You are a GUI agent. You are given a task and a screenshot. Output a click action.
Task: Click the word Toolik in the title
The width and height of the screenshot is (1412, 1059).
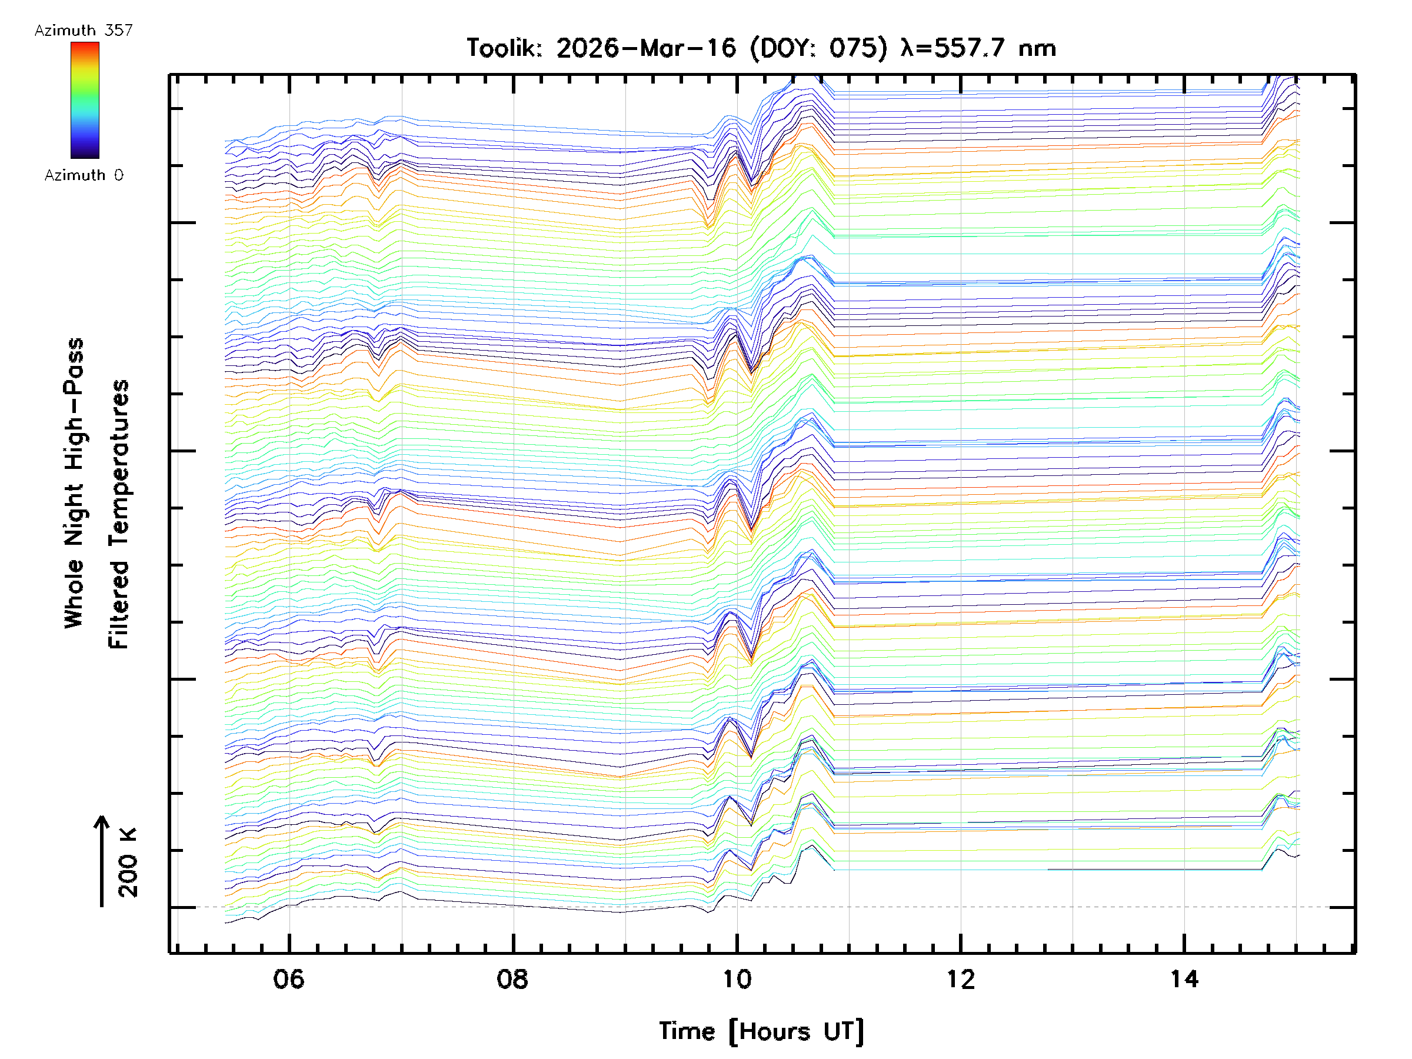point(504,48)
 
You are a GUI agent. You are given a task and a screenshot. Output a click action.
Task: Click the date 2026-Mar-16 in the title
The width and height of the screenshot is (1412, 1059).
point(646,48)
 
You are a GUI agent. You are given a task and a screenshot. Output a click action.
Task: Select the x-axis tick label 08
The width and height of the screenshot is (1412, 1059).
point(512,978)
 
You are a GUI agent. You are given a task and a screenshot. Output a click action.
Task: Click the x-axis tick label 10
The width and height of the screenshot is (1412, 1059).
point(737,978)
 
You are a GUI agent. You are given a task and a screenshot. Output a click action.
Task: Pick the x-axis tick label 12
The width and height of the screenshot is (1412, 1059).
point(961,978)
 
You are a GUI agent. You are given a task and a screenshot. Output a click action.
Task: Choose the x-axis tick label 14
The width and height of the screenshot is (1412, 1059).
point(1184,978)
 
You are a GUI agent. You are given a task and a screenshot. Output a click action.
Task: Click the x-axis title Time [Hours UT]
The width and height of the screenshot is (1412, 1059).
point(761,1031)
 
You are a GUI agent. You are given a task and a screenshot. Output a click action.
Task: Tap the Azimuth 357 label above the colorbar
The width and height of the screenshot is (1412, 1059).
point(84,30)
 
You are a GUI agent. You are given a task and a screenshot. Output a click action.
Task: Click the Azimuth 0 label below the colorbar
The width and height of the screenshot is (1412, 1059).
point(84,175)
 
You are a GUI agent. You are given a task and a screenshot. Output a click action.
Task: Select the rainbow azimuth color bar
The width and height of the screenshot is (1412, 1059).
point(85,100)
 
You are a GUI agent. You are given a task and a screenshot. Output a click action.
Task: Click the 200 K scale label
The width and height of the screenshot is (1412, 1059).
point(128,862)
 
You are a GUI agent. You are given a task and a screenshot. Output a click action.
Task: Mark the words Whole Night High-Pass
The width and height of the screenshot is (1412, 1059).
point(74,483)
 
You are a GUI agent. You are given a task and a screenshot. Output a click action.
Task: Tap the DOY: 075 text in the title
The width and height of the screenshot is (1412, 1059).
point(818,48)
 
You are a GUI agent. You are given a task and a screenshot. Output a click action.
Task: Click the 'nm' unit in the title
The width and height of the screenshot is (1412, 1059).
point(1037,48)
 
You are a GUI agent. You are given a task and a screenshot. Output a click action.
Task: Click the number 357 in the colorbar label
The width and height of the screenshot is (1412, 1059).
point(119,30)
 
